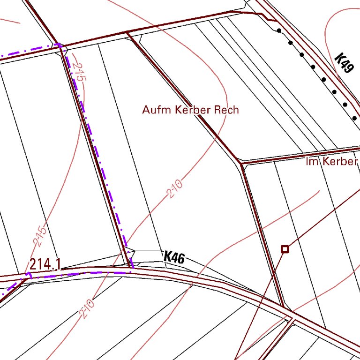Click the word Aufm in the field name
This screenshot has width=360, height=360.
pyautogui.click(x=157, y=110)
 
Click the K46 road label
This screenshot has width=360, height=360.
pyautogui.click(x=174, y=257)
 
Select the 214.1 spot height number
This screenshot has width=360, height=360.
pyautogui.click(x=45, y=264)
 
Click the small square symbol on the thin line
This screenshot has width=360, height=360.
pyautogui.click(x=285, y=249)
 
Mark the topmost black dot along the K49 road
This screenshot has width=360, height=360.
pyautogui.click(x=279, y=31)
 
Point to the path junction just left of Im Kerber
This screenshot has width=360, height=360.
pyautogui.click(x=241, y=164)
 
